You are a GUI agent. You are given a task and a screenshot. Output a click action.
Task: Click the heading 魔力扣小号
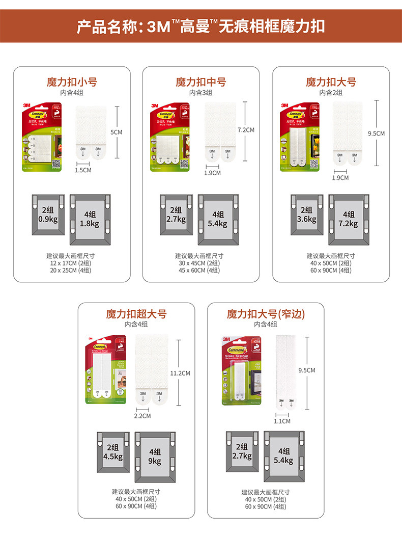click(72, 82)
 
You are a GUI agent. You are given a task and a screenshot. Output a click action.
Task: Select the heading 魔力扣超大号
click(136, 314)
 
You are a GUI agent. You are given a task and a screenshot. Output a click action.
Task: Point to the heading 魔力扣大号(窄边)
click(266, 314)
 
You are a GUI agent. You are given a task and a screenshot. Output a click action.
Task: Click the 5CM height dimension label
click(117, 132)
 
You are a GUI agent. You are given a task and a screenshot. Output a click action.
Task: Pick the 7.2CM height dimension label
click(246, 130)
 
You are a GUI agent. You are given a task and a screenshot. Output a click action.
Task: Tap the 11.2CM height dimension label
click(180, 373)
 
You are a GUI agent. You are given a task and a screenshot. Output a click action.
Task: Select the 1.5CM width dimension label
click(83, 170)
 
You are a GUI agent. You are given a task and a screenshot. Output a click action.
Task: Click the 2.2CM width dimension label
click(143, 416)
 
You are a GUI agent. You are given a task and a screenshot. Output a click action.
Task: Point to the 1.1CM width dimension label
click(282, 421)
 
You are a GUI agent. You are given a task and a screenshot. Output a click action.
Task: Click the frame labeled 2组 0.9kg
click(48, 215)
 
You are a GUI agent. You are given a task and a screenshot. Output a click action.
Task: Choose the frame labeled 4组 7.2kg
click(349, 219)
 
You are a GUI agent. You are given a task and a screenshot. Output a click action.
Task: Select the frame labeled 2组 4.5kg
click(113, 452)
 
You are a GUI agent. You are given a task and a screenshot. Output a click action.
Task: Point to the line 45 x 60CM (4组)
click(199, 270)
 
